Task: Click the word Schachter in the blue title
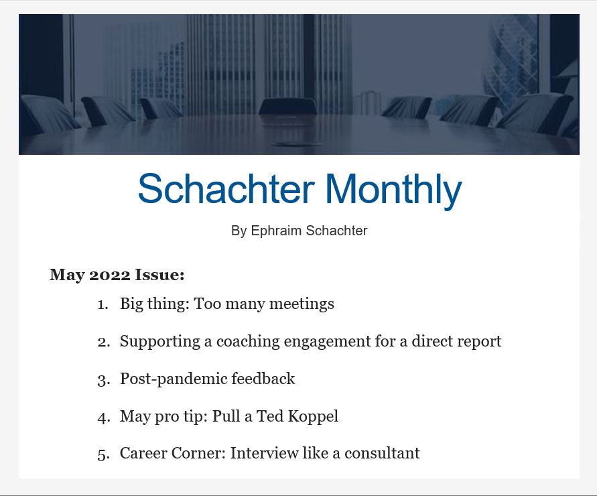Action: pos(226,188)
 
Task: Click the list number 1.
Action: pos(103,304)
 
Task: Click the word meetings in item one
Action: pos(302,304)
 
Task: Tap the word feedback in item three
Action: pos(263,379)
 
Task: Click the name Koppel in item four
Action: pos(313,416)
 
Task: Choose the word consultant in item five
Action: pos(382,453)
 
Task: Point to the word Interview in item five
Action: pos(264,453)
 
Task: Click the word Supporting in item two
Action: pos(160,342)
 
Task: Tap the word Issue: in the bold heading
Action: pos(160,275)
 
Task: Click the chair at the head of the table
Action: pos(287,107)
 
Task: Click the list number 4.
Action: pos(104,417)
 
